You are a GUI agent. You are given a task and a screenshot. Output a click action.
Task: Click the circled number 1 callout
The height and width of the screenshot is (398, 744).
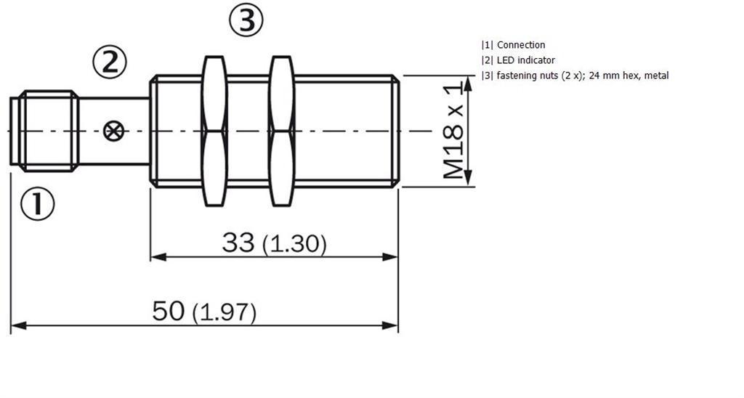coord(38,203)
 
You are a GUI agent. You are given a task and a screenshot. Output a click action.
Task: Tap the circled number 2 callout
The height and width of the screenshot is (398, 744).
coord(110,62)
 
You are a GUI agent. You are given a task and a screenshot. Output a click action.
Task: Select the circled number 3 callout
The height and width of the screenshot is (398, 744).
coord(246,20)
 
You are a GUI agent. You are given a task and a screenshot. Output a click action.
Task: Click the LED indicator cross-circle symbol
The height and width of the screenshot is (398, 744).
coord(114,131)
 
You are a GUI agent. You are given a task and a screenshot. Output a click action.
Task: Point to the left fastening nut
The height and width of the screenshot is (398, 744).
coord(214,131)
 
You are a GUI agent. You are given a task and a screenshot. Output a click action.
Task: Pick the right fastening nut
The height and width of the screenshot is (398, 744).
coord(282,131)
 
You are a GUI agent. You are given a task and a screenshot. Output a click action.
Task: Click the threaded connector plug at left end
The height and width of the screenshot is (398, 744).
coord(44,131)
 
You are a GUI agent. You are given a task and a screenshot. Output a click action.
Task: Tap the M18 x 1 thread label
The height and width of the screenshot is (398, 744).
coord(453,130)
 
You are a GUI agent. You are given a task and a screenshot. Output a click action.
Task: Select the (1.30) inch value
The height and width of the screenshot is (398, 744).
coord(294,244)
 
